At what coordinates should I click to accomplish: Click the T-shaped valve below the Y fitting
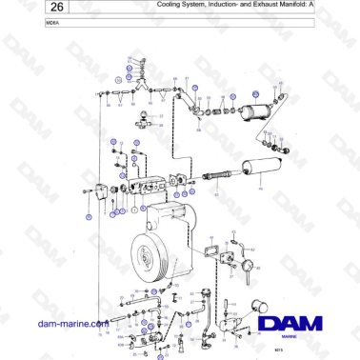[x=144, y=122]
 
